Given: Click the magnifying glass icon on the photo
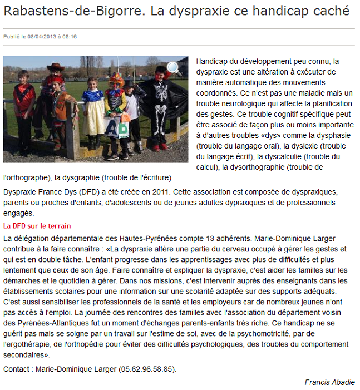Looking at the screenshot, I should tap(174, 68).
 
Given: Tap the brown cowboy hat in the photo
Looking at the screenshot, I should tap(56, 67).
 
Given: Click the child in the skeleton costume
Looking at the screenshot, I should tap(160, 106).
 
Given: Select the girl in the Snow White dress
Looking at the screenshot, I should tap(92, 111).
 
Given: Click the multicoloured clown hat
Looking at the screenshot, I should tap(117, 79).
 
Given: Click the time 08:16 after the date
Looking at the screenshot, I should tap(70, 37).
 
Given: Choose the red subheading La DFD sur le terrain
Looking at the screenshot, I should tap(37, 226).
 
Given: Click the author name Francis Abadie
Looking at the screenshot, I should tap(329, 382).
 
